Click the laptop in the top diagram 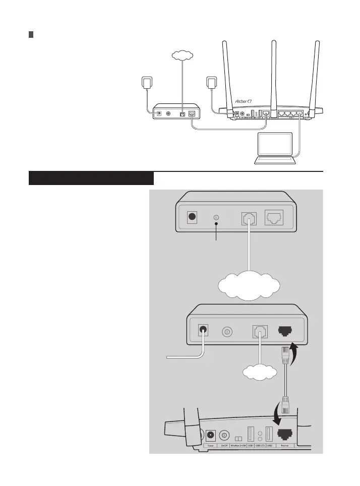tap(274, 148)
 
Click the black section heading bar tap(91, 178)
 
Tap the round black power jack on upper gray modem tap(192, 218)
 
